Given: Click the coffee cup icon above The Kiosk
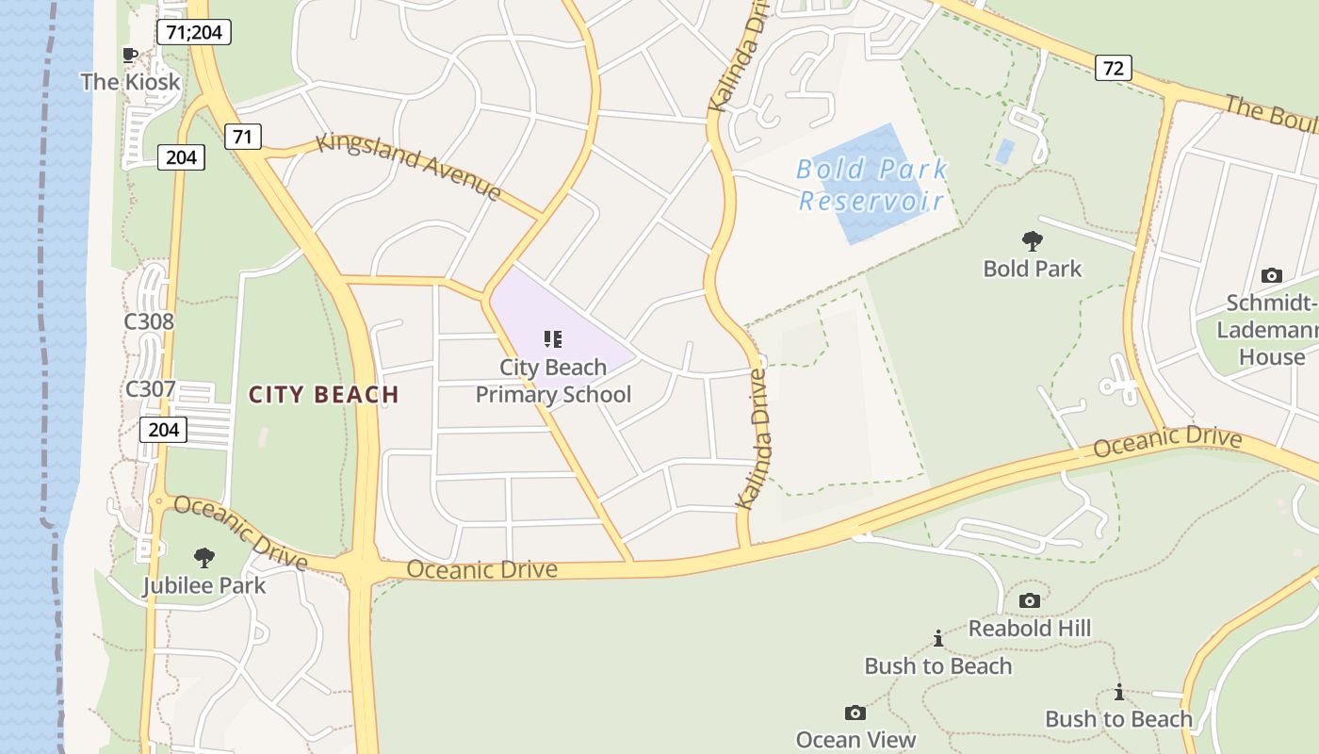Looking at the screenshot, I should [x=130, y=55].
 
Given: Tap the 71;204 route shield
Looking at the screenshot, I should [x=193, y=32].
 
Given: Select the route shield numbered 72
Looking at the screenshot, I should [x=1114, y=68].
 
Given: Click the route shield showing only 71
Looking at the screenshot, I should [x=242, y=137].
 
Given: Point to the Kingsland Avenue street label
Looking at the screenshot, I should [x=409, y=166].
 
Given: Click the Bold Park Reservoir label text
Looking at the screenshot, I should [x=871, y=185].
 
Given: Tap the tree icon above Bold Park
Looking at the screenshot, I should [x=1033, y=241].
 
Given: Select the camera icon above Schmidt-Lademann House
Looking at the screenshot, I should [x=1271, y=276].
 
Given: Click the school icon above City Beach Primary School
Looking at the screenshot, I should [x=553, y=339].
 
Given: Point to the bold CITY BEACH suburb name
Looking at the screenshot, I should [x=324, y=395].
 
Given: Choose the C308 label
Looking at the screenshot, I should [x=150, y=321].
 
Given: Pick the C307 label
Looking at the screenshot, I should [x=150, y=388].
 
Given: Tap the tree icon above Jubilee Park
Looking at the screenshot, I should [x=204, y=558].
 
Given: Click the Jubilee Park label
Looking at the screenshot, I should [x=204, y=585].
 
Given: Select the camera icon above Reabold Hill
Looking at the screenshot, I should [x=1030, y=600].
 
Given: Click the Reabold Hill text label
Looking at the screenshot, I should [x=1030, y=628].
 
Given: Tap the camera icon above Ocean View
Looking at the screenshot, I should [x=855, y=713].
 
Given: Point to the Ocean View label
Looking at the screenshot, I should [x=855, y=740].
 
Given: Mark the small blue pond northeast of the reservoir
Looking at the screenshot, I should [x=1005, y=150].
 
